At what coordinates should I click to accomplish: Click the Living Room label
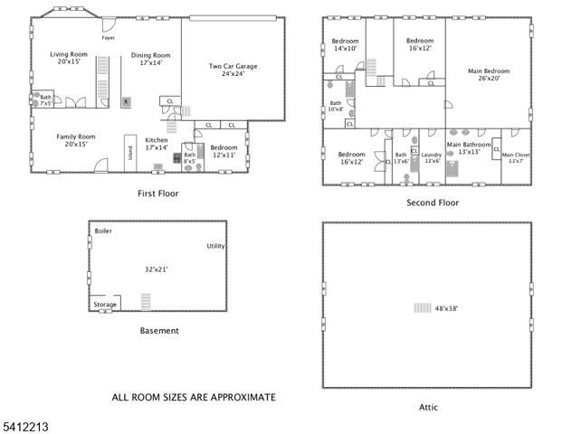[x=68, y=59]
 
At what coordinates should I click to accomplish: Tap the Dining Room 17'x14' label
[x=150, y=59]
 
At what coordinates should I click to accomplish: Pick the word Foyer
[x=108, y=38]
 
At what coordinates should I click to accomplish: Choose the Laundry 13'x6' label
[x=431, y=157]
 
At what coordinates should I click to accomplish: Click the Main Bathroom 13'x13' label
[x=469, y=147]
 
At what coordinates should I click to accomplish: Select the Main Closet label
[x=516, y=157]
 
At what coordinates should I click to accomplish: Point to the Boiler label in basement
[x=103, y=231]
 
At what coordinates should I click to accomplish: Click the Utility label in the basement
[x=215, y=246]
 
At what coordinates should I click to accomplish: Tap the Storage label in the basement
[x=105, y=305]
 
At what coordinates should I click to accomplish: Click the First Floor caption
[x=157, y=193]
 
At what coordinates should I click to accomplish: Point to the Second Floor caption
[x=432, y=203]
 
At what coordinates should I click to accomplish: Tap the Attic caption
[x=428, y=407]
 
